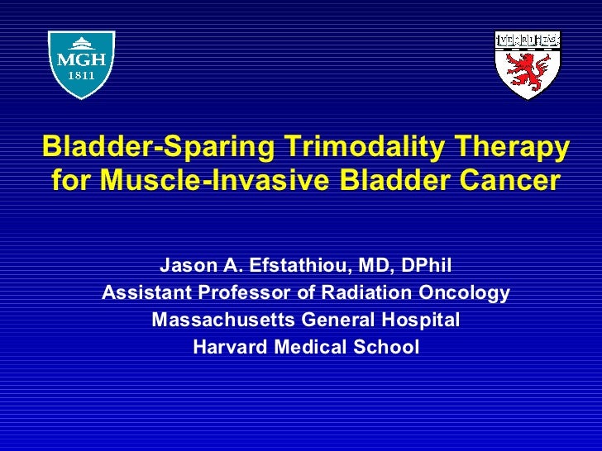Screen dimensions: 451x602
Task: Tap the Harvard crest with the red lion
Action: click(x=528, y=65)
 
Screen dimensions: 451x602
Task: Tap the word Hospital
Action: click(x=418, y=320)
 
